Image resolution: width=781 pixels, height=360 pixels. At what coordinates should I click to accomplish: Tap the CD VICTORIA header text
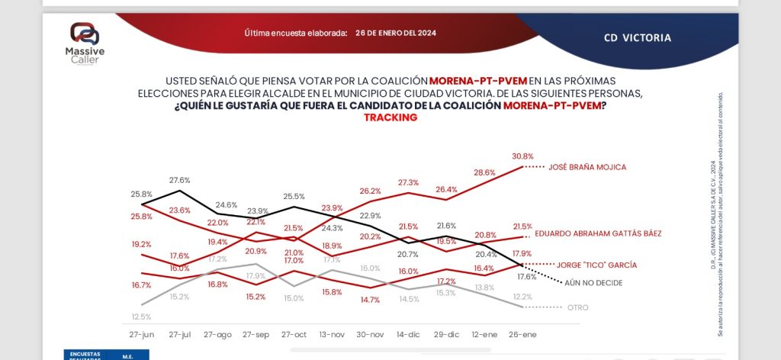(x=637, y=37)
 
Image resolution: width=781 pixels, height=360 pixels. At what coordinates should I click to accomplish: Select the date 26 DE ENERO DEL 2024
(x=396, y=33)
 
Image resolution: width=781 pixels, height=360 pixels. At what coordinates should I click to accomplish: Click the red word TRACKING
(x=390, y=117)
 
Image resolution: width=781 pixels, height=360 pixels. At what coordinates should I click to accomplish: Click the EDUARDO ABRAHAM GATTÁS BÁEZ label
(x=597, y=233)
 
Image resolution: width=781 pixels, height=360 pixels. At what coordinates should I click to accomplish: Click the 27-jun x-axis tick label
(x=142, y=334)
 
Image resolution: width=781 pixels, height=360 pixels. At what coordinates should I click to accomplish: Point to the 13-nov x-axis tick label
(x=332, y=334)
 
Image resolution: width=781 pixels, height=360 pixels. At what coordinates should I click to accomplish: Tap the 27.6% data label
(x=179, y=180)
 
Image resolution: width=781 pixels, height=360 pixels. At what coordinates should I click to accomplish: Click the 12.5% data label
(x=142, y=317)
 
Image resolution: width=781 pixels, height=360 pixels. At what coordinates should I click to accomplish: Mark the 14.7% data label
(x=369, y=300)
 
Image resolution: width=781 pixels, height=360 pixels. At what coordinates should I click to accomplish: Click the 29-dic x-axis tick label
(x=445, y=334)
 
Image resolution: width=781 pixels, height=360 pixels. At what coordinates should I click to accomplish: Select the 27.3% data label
(x=408, y=182)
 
